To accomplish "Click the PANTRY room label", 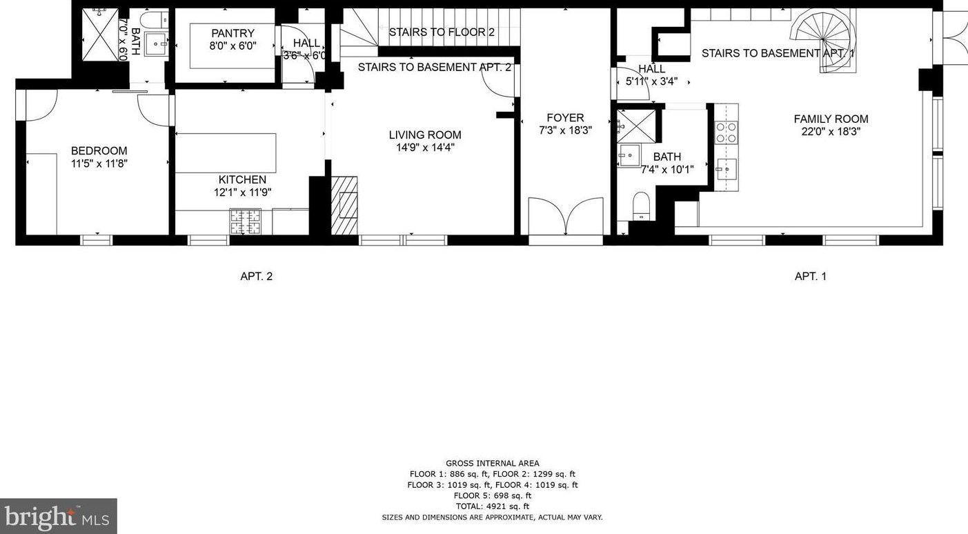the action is coord(233,33).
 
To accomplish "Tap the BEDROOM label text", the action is coord(99,151).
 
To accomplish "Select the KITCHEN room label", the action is coord(242,180).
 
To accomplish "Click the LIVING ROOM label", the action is coord(425,135).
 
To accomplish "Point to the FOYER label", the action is coord(565,117).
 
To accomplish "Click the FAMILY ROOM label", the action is coord(831,119).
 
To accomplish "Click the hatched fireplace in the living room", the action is coord(344,205).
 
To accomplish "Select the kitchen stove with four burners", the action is coord(246,221).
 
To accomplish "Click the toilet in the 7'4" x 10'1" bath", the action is coord(641,206).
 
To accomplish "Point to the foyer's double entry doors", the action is coord(566,216).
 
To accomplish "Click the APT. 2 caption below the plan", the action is coord(256,276).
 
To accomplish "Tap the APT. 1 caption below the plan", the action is coord(810,276).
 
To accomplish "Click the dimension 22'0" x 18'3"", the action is coord(831,131).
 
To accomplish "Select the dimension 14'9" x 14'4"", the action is coord(425,148).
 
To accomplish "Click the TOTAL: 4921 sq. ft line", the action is coord(492,506).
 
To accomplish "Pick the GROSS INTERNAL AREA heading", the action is coord(492,464).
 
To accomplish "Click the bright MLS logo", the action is coord(59,516).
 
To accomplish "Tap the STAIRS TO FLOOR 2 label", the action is coord(442,32).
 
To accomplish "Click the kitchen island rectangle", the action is coord(226,153).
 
